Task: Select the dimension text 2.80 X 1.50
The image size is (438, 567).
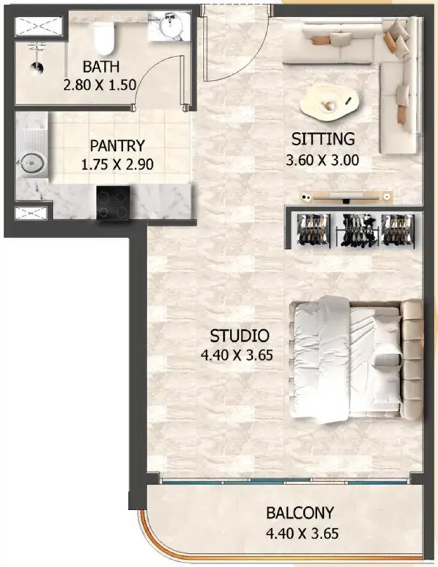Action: coord(100,85)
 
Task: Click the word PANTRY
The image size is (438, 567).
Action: coord(117,146)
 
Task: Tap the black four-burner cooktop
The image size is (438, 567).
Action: coord(113,203)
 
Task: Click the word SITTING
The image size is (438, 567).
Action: coord(323,139)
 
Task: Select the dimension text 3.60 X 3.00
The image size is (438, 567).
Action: coord(322,160)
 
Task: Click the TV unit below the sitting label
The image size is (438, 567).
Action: coord(346,196)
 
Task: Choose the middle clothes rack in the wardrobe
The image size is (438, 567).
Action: coord(358,230)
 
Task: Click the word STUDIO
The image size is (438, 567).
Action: coord(239,336)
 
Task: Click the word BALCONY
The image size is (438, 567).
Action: coord(300,513)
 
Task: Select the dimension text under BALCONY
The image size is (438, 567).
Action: coord(302,533)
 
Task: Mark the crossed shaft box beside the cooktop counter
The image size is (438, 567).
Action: coord(31,213)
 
